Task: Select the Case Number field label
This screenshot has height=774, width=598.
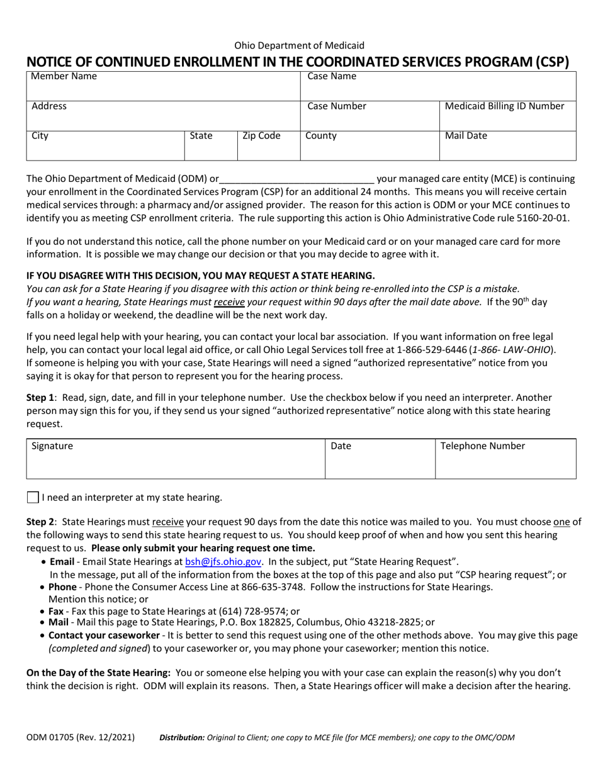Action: click(x=336, y=106)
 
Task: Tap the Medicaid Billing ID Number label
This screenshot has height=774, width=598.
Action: click(x=504, y=106)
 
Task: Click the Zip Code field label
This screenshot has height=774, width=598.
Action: click(x=261, y=136)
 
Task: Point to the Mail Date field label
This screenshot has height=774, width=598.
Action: click(x=466, y=136)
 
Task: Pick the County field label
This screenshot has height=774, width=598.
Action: click(x=321, y=136)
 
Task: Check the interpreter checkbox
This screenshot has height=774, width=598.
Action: click(x=33, y=498)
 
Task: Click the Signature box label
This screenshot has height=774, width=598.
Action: click(x=52, y=446)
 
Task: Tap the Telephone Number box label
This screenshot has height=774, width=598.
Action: click(x=482, y=446)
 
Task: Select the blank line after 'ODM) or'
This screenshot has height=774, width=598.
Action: click(x=297, y=179)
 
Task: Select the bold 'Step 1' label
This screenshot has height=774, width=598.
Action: click(x=40, y=398)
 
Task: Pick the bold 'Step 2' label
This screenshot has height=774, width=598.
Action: click(x=40, y=521)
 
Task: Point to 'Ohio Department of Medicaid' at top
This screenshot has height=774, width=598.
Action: click(x=299, y=45)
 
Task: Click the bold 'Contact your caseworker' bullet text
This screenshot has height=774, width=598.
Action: click(x=103, y=636)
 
